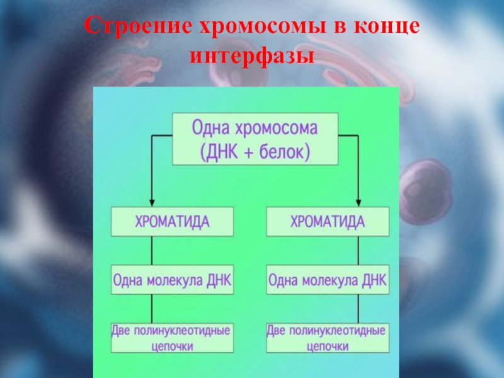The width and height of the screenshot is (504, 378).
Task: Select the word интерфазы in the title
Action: pyautogui.click(x=252, y=57)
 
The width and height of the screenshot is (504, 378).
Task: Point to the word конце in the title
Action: pyautogui.click(x=384, y=28)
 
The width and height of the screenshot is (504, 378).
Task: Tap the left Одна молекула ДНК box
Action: pyautogui.click(x=172, y=279)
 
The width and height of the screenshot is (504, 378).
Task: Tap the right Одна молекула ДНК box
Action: pyautogui.click(x=327, y=279)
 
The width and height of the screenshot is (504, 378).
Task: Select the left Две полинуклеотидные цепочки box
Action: pyautogui.click(x=172, y=338)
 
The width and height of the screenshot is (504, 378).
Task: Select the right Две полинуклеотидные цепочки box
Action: pyautogui.click(x=327, y=338)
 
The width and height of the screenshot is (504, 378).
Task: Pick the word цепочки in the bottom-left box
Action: pyautogui.click(x=172, y=346)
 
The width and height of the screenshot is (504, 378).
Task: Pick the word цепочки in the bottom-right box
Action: pyautogui.click(x=327, y=346)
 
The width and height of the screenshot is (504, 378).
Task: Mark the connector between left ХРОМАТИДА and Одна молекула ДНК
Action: pyautogui.click(x=151, y=250)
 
